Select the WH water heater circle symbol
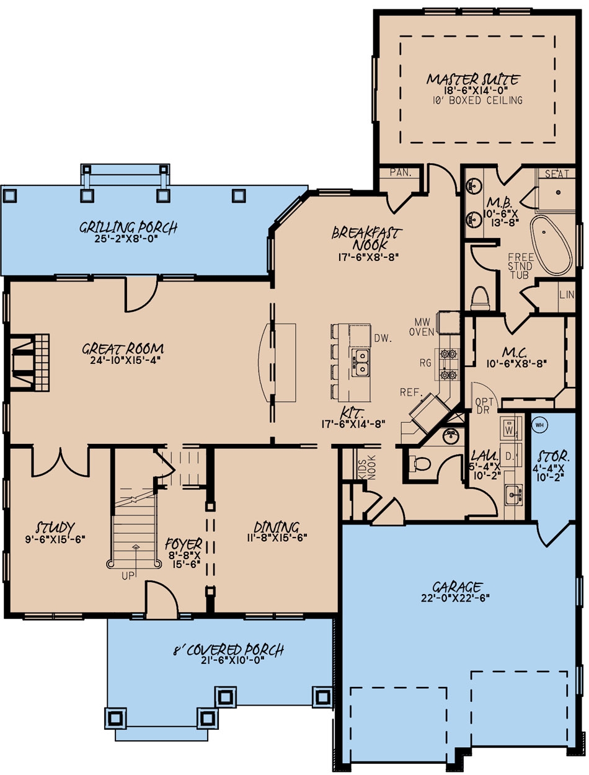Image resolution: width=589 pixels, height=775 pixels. point(539,425)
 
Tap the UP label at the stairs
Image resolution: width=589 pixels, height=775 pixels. point(128,576)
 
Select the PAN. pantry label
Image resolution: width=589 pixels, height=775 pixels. point(400,173)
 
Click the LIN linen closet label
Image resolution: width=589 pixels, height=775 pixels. point(566,294)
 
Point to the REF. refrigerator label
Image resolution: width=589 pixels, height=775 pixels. point(411,393)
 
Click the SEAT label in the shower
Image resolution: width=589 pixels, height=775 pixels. point(557,174)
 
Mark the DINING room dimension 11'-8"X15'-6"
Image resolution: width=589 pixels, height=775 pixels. point(275,538)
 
